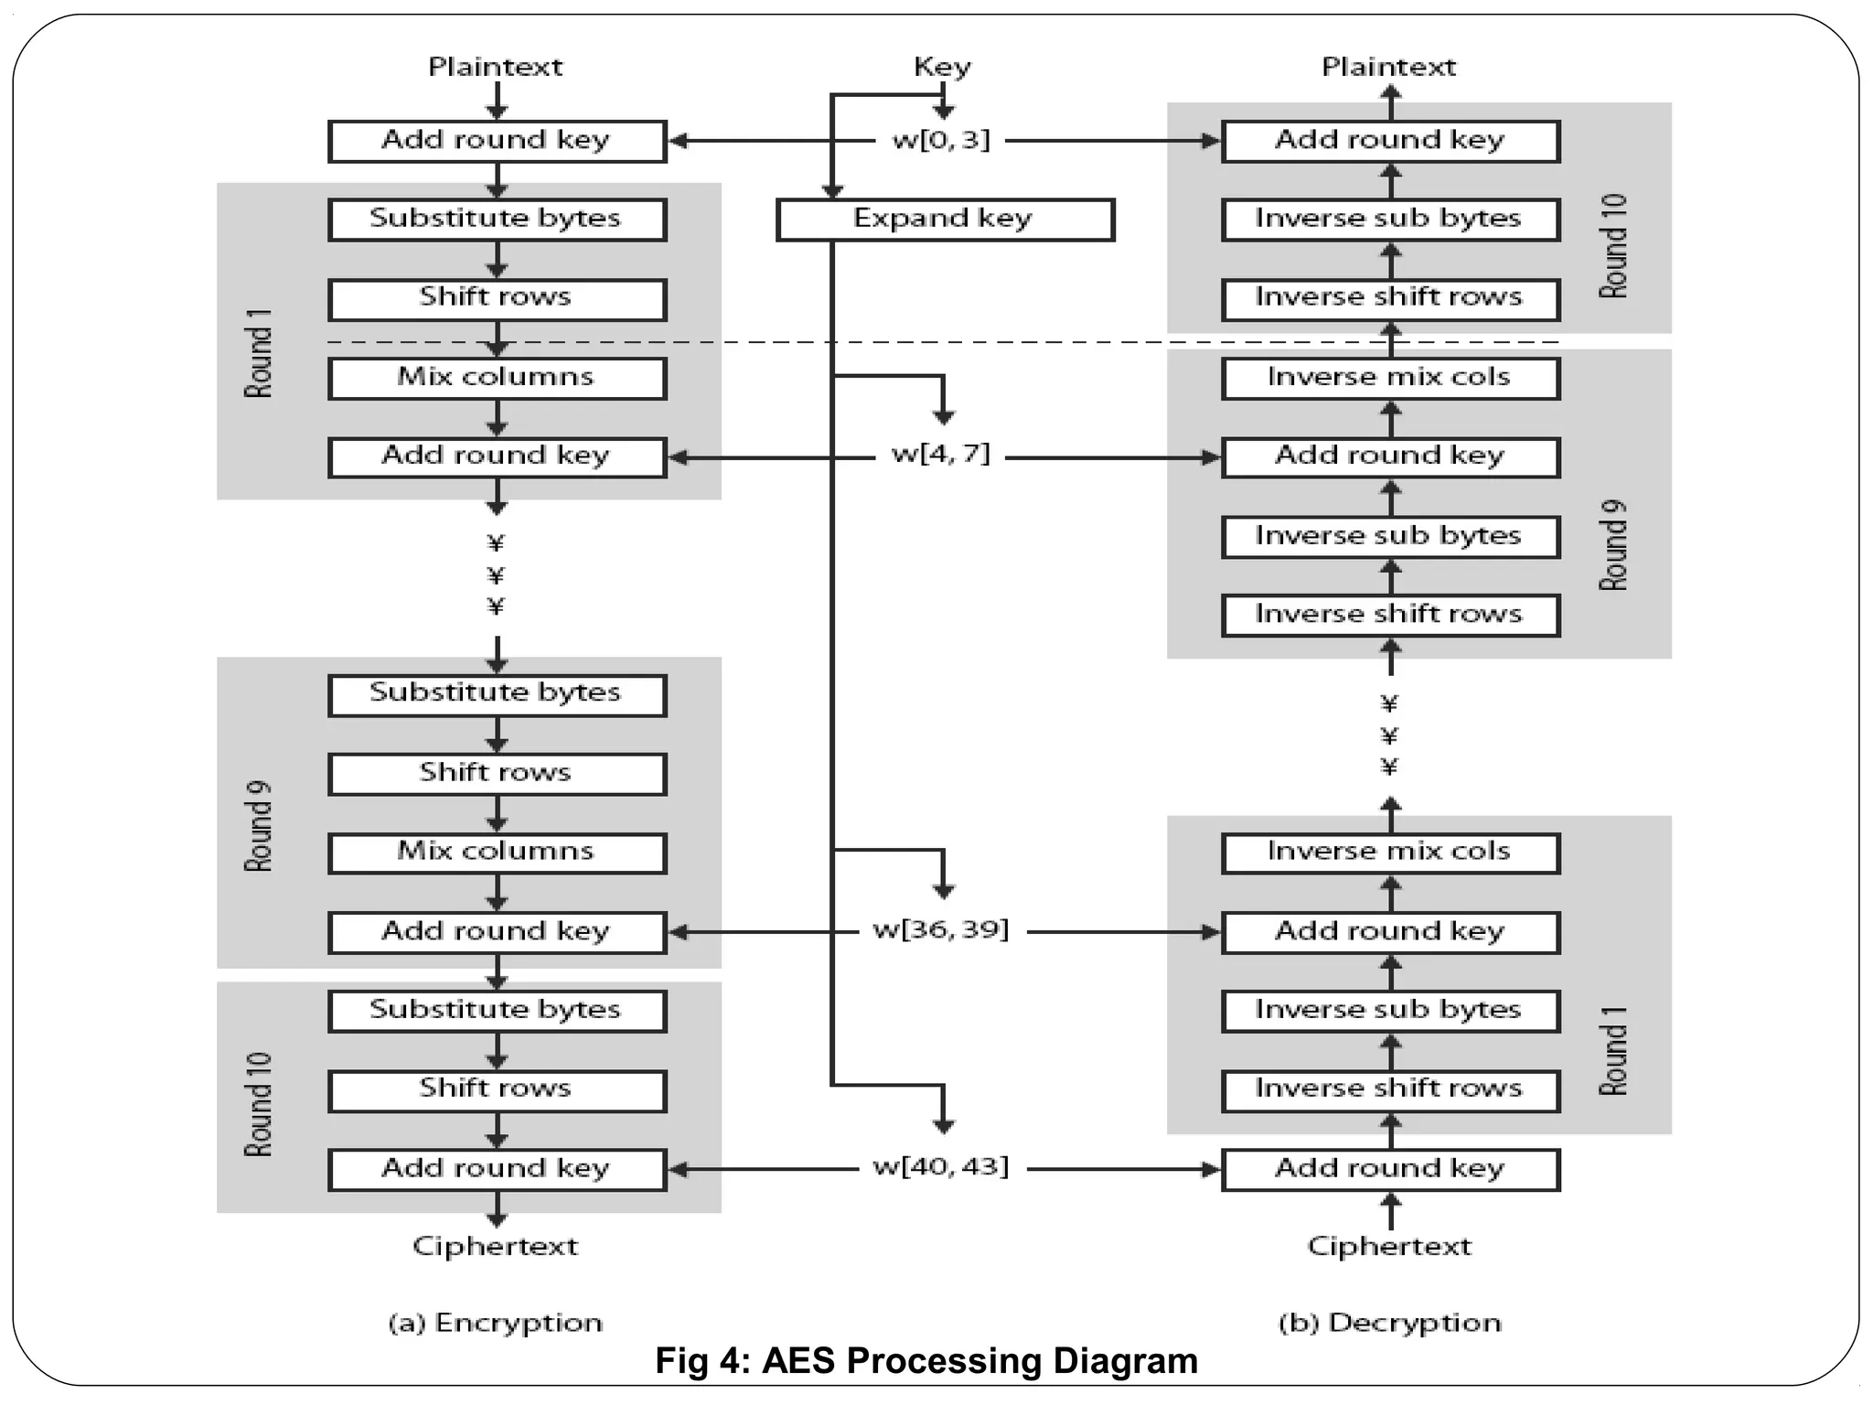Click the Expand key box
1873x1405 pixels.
[945, 220]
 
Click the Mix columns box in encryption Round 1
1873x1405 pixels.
[497, 378]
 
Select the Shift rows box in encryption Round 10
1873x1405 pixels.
[497, 1089]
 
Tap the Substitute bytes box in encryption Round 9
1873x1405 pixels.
[497, 694]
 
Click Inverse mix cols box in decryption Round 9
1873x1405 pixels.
[1389, 378]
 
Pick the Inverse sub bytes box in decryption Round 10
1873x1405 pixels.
[1389, 220]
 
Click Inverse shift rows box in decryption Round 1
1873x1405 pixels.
[1389, 1089]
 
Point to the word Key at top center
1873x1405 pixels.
[942, 67]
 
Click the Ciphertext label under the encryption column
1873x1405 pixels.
[496, 1246]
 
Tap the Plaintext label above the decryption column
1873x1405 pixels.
[1388, 67]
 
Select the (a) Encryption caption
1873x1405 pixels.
[496, 1323]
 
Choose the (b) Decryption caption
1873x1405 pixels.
[1389, 1323]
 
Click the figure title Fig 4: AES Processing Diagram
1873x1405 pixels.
[926, 1362]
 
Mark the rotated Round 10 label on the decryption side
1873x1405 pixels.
[1613, 245]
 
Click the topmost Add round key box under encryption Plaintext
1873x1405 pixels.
[497, 141]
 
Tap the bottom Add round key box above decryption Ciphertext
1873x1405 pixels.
[1389, 1169]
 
